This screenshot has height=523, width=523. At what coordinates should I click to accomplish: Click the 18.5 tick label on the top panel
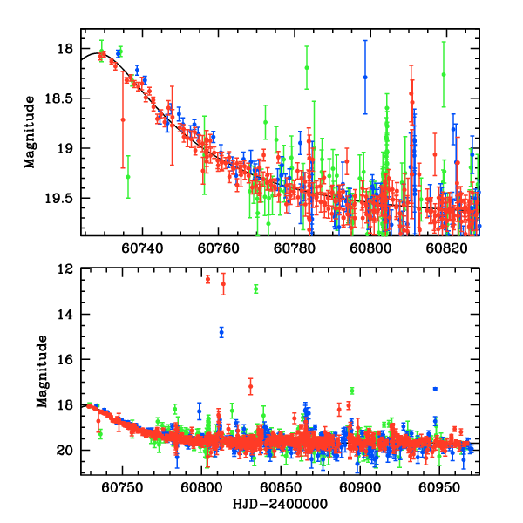click(64, 98)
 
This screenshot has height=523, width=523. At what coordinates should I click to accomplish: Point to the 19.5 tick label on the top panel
click(64, 198)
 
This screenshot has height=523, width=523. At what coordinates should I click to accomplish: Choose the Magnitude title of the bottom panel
click(42, 373)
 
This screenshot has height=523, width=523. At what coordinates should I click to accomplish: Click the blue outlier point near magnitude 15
click(221, 332)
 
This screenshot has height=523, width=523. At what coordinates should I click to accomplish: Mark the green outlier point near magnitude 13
click(255, 289)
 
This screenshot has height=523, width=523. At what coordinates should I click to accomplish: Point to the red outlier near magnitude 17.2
click(250, 386)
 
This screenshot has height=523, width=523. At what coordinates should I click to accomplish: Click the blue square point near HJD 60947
click(435, 389)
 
